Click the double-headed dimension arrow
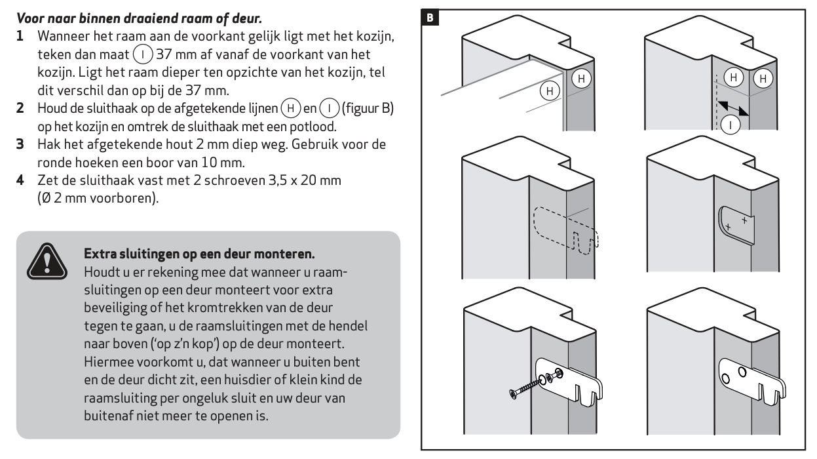coord(732,108)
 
